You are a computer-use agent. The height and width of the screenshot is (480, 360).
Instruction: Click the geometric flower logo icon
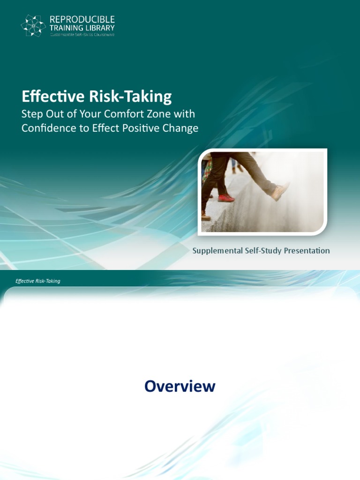33,25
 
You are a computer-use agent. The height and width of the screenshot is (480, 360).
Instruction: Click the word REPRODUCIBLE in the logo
82,20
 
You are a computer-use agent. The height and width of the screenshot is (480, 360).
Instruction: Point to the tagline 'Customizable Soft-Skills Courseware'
82,34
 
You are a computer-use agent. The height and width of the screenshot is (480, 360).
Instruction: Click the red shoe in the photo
225,198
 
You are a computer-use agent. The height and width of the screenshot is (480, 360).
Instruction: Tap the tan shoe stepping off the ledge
280,191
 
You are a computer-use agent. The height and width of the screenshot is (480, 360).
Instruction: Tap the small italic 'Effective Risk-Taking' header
38,281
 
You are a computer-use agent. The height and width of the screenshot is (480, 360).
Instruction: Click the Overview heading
180,386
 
